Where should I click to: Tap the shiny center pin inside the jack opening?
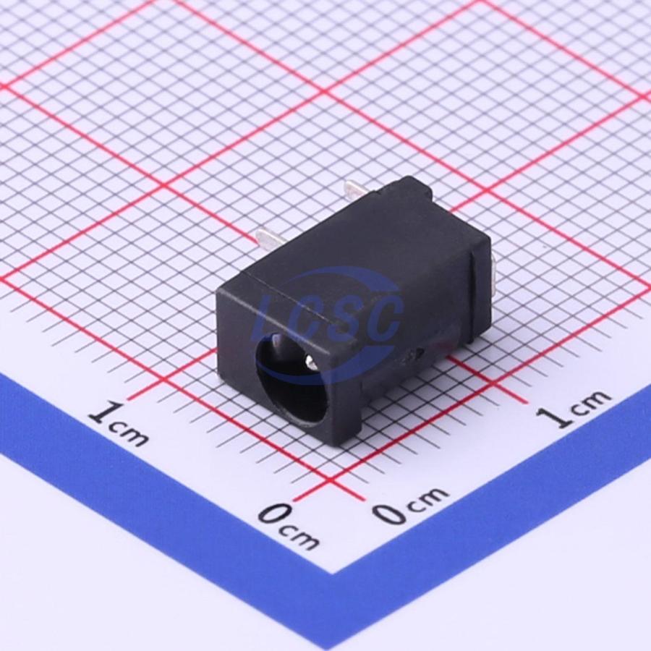click(x=310, y=360)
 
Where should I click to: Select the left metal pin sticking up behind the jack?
click(x=269, y=241)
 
